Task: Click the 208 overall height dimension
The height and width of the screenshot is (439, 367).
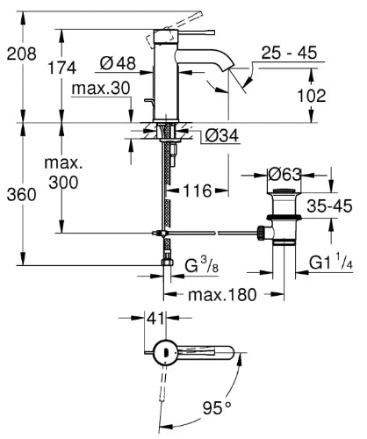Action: point(21,54)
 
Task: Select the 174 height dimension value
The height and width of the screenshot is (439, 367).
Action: point(61,68)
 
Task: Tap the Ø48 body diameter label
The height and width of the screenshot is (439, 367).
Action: point(118,63)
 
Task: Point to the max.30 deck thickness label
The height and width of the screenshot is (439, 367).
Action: point(101,88)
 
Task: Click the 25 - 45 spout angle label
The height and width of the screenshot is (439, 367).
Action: point(289,53)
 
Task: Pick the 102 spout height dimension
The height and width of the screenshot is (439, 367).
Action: point(312,96)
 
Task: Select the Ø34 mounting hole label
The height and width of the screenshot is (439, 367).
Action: point(222,135)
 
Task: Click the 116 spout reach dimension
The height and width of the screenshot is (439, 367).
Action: point(198,191)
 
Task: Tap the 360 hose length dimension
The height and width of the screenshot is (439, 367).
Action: point(21,195)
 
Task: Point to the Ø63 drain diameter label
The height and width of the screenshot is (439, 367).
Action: point(284,175)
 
